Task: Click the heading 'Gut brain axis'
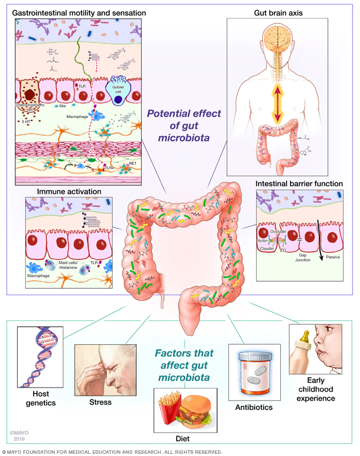tap(281, 13)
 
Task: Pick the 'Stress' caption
tap(100, 402)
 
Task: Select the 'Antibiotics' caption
tap(255, 407)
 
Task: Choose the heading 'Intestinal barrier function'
tap(299, 184)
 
